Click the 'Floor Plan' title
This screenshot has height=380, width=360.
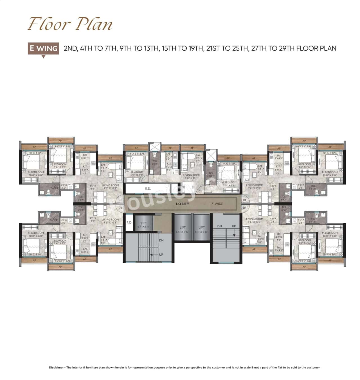[x=70, y=24]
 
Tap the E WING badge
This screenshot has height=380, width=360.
[x=43, y=48]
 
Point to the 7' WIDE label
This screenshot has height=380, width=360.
[x=217, y=204]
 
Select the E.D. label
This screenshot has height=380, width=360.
[x=148, y=189]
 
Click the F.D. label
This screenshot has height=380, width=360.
[x=129, y=222]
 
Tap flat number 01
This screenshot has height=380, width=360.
[x=120, y=208]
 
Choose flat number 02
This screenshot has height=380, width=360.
[x=120, y=200]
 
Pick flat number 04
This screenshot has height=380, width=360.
[x=244, y=200]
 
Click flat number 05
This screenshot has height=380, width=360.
[x=244, y=208]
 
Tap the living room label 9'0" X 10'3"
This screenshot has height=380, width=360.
[x=192, y=177]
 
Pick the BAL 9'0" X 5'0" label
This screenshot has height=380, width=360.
[x=198, y=158]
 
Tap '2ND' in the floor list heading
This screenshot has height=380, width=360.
[x=70, y=48]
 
